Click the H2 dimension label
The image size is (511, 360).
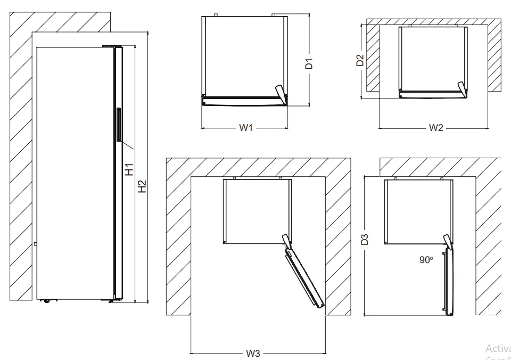click(x=142, y=186)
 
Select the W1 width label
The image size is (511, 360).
click(x=245, y=128)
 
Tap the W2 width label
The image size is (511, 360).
click(x=435, y=128)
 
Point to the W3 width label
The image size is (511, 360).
click(x=253, y=353)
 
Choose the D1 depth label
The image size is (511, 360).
click(x=309, y=64)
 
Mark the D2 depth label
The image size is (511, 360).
click(x=360, y=60)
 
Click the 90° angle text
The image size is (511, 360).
click(x=425, y=260)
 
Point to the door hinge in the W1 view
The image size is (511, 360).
click(x=281, y=93)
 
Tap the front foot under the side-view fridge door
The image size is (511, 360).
click(x=111, y=301)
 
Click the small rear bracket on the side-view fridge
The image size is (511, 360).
click(x=35, y=244)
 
